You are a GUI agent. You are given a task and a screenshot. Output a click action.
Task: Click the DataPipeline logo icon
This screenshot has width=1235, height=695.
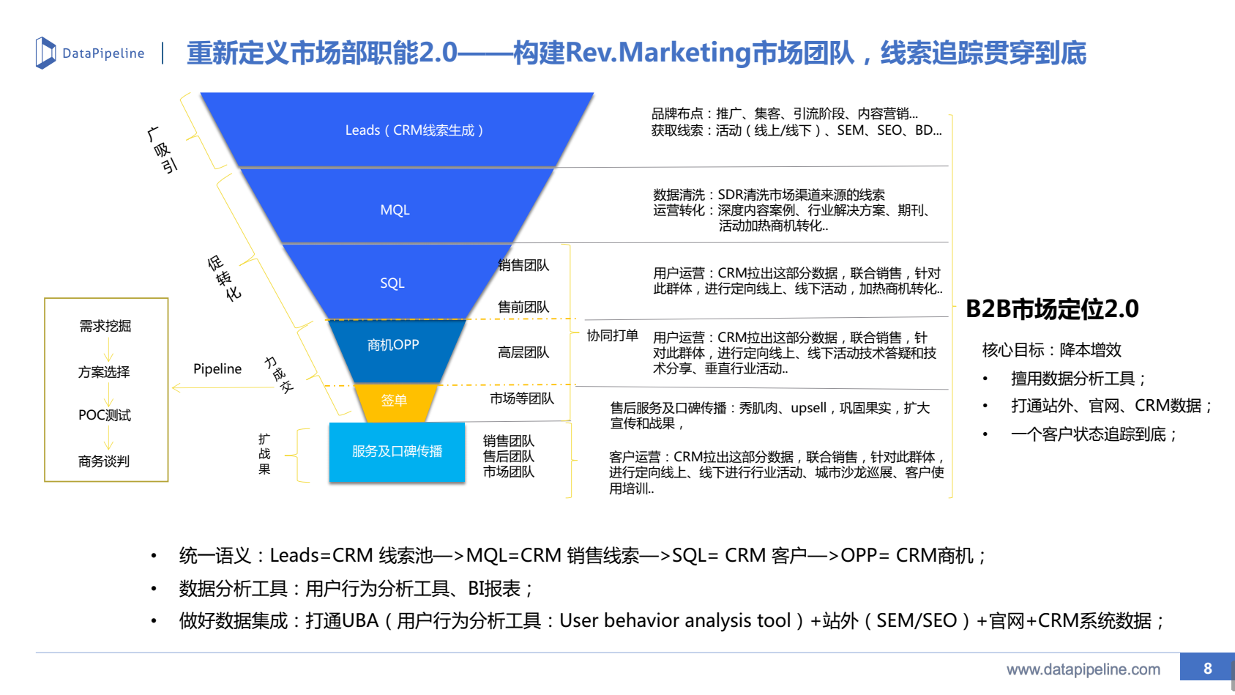[45, 53]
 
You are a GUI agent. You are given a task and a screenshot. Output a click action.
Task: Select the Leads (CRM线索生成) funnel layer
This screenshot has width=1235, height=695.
[414, 130]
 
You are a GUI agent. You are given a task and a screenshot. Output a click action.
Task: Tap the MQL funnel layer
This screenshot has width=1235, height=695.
[395, 210]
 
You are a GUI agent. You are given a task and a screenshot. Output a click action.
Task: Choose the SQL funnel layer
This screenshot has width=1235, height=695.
[392, 283]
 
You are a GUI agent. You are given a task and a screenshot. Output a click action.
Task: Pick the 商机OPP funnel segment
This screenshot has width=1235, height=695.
[393, 345]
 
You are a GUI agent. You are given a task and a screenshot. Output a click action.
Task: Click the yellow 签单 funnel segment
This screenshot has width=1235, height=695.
[394, 401]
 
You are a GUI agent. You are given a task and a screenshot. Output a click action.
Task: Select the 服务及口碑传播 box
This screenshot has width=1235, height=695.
[397, 452]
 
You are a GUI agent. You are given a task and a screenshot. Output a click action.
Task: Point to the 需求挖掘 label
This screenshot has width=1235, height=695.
[105, 326]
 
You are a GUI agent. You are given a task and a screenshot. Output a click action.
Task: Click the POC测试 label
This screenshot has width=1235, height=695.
[105, 415]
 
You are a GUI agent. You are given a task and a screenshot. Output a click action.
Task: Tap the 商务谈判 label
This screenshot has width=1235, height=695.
[104, 461]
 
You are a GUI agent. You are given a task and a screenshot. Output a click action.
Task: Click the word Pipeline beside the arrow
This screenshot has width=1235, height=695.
[217, 369]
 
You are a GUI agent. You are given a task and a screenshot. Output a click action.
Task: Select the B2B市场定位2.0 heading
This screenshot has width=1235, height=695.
[1052, 309]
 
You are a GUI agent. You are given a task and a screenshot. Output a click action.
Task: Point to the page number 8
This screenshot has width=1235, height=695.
[1207, 668]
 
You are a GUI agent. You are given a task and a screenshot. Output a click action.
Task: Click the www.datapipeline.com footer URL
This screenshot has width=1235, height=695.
[1083, 669]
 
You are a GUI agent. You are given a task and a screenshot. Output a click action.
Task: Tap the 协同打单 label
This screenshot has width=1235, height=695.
[612, 335]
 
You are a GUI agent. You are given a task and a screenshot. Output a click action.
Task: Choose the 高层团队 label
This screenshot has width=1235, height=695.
[523, 353]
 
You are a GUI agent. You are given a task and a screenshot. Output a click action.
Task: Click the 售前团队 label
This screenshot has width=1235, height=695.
[523, 307]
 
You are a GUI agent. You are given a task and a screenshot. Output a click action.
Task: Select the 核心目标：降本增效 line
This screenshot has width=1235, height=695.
[1051, 350]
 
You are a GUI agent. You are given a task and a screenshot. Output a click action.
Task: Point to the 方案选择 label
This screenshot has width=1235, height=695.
[104, 372]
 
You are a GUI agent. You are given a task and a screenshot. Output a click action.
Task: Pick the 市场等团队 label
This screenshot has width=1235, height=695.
[522, 398]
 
